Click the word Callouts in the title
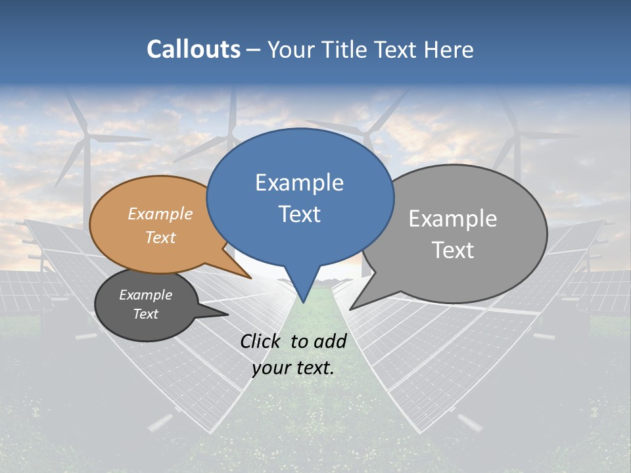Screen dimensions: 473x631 coord(193,49)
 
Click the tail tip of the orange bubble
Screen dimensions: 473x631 coord(250,278)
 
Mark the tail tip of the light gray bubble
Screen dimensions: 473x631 coord(350,309)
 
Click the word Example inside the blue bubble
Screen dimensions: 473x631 coord(299,183)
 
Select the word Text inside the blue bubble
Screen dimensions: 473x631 coord(299,214)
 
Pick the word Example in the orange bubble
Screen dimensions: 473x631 coord(160,214)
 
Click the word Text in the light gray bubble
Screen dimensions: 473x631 coord(453,250)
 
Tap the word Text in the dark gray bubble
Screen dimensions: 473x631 coord(145,314)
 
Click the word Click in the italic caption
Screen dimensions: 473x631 coord(262,341)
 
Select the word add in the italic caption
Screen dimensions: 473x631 coord(330,341)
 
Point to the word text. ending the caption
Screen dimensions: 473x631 coord(312,368)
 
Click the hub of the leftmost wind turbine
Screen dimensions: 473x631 coord(86,136)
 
